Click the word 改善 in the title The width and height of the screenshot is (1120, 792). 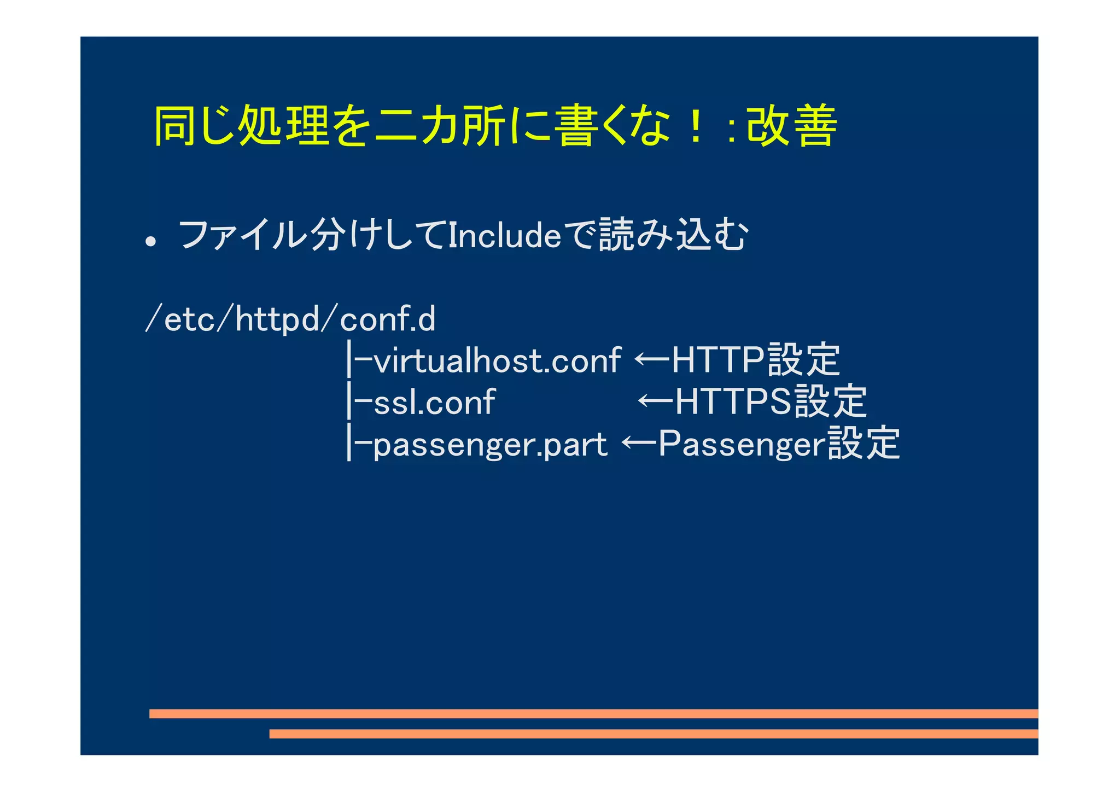click(792, 126)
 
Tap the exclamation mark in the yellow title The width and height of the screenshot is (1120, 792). click(695, 126)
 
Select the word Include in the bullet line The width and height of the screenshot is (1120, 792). click(504, 236)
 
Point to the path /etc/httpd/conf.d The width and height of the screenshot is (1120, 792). click(290, 319)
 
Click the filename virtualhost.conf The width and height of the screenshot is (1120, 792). click(497, 361)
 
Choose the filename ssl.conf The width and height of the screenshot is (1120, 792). click(435, 403)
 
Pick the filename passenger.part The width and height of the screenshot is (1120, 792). click(490, 445)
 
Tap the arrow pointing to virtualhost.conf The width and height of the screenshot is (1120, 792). click(652, 360)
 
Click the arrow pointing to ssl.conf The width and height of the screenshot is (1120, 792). click(655, 401)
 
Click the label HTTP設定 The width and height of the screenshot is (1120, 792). click(755, 360)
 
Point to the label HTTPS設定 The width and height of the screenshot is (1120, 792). click(771, 401)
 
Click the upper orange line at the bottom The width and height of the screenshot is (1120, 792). click(593, 713)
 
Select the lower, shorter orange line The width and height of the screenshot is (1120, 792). click(654, 733)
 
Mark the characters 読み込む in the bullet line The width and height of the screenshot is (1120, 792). click(673, 236)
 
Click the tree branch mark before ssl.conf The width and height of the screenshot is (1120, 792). click(358, 403)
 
